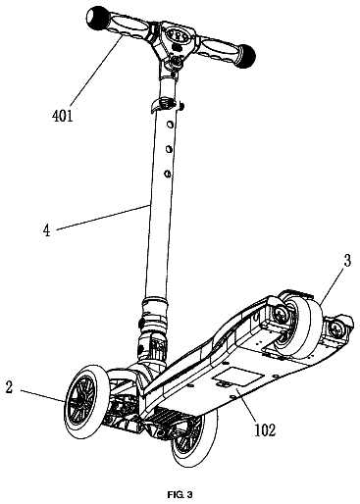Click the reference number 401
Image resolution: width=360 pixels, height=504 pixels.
point(63,116)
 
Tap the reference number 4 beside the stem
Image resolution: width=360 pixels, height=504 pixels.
point(47,230)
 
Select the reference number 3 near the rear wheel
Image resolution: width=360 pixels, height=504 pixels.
point(346,261)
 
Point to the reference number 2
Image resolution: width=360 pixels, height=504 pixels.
point(9,387)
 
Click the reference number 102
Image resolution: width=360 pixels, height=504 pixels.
point(265,430)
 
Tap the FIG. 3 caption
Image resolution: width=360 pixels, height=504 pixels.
point(180,495)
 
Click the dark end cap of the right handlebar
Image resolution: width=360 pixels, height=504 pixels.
point(246,56)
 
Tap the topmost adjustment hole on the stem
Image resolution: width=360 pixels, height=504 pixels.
point(170,125)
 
